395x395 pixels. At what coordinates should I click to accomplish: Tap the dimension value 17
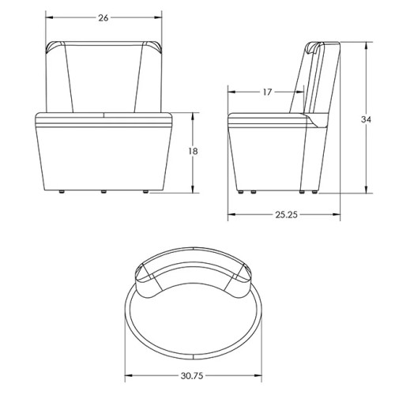click(266, 92)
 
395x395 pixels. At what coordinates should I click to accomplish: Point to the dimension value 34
click(365, 119)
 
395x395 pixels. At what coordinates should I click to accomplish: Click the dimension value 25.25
click(286, 215)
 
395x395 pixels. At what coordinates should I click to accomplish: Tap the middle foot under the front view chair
click(103, 192)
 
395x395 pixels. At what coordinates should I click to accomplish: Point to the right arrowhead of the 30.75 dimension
click(261, 377)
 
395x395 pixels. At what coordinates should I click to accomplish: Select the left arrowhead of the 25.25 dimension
click(230, 215)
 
